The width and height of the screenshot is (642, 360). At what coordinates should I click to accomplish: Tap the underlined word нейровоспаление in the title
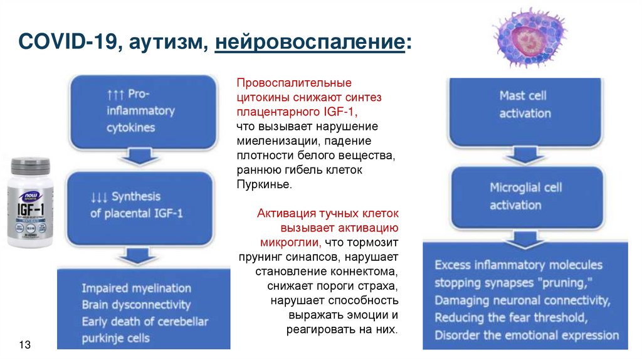coord(310,45)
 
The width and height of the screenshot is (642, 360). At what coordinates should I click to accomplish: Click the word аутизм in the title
coord(169,45)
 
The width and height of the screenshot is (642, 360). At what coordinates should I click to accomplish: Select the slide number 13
coord(25,346)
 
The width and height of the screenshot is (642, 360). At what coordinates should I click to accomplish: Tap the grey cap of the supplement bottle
coord(31,166)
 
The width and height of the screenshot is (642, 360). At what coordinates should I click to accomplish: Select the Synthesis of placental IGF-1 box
coord(149,205)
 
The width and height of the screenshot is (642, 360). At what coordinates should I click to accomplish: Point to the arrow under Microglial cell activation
coord(525,239)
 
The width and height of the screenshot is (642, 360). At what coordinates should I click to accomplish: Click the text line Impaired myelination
coord(136,289)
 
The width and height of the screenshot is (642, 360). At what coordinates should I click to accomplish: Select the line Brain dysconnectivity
coord(135,305)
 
